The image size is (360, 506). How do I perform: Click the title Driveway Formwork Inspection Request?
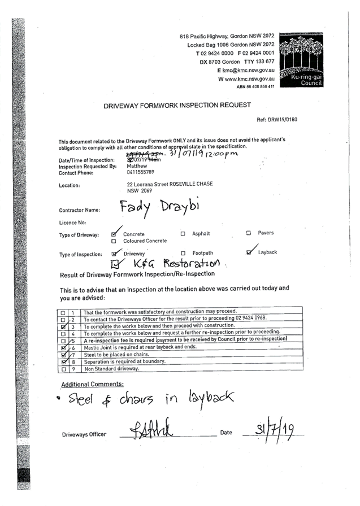click(x=177, y=106)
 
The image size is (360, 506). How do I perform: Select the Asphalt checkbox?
click(x=183, y=233)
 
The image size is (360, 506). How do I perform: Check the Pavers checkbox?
click(x=248, y=233)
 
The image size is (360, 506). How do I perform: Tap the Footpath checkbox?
click(x=183, y=253)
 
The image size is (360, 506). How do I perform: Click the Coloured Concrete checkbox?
click(x=114, y=241)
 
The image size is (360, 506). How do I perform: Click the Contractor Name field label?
click(x=79, y=210)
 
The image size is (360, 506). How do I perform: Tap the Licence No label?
click(x=72, y=223)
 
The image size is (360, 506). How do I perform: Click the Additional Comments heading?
click(x=93, y=385)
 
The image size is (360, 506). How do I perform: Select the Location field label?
click(x=69, y=185)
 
